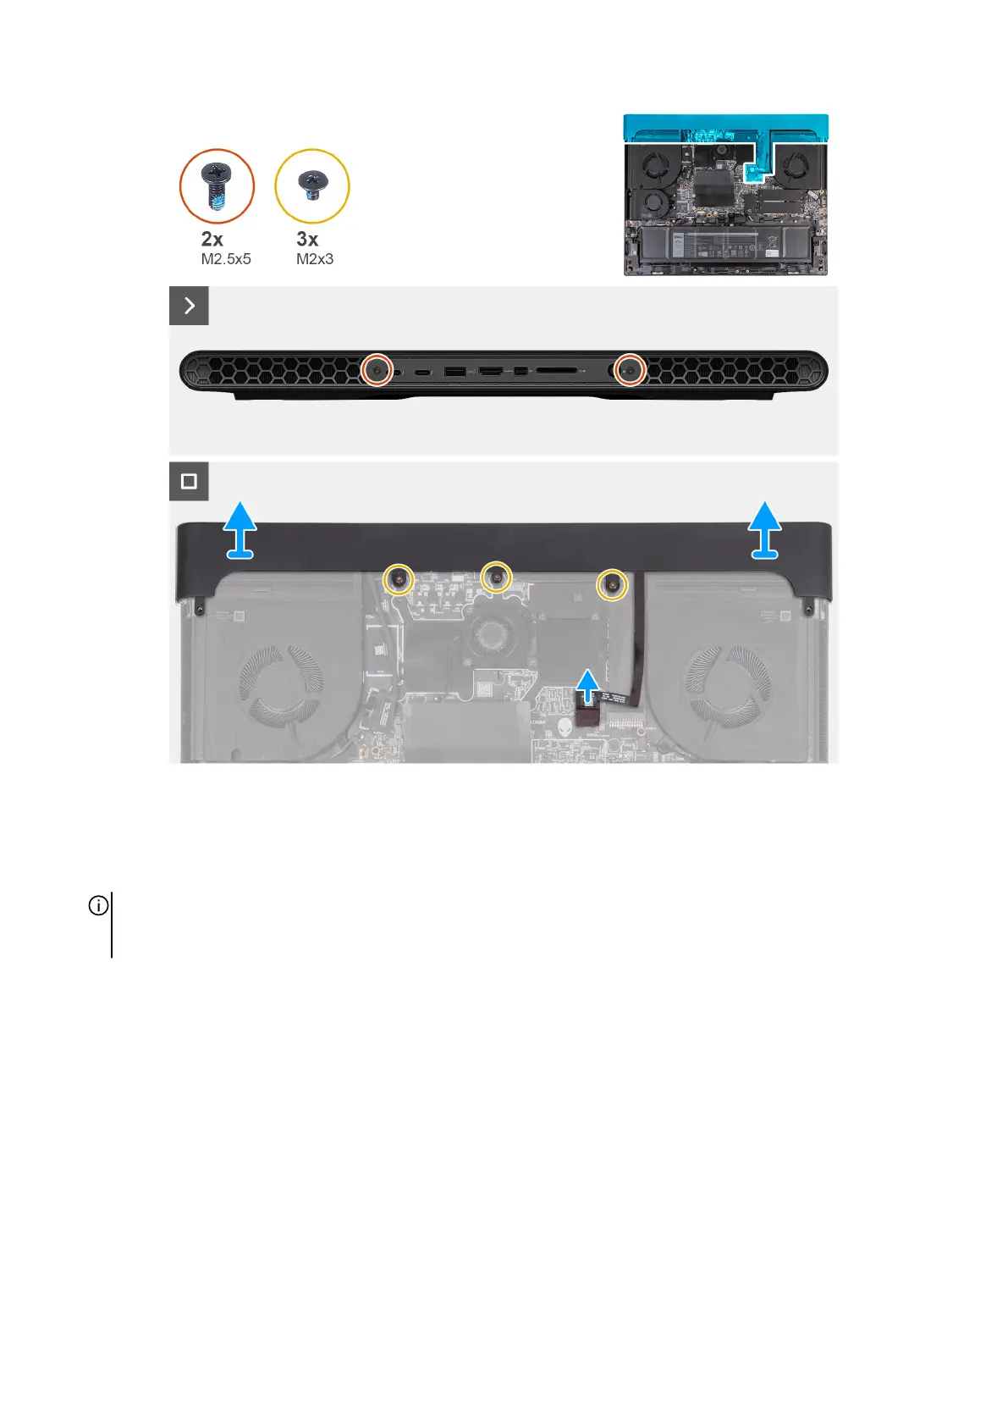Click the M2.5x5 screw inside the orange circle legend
point(217,185)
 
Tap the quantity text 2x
point(212,240)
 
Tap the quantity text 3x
point(307,240)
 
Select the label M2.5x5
point(226,259)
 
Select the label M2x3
point(315,259)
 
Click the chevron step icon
point(189,306)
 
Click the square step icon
point(189,481)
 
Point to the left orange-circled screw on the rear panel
point(377,369)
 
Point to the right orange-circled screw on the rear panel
point(629,369)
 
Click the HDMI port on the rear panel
point(491,371)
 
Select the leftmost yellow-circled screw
point(398,579)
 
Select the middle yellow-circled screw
point(496,577)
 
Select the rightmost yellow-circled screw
point(612,583)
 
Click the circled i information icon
point(99,906)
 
